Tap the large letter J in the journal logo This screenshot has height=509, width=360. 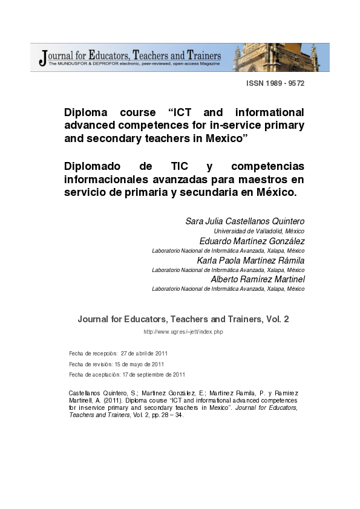[42, 57]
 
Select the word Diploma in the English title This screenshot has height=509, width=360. [86, 112]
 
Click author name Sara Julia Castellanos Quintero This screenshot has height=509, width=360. [244, 221]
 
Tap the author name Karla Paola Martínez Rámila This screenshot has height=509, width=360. [249, 260]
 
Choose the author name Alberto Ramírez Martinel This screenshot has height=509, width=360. [257, 279]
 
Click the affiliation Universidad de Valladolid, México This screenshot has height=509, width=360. [259, 231]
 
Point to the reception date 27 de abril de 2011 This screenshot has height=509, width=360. [144, 353]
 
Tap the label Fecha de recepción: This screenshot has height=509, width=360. [93, 353]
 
